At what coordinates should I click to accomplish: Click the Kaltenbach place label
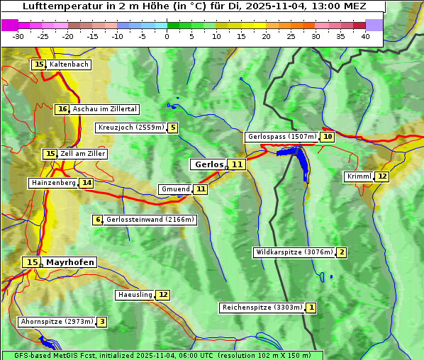pyautogui.click(x=69, y=64)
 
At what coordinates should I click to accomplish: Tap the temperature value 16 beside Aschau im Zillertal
pyautogui.click(x=62, y=109)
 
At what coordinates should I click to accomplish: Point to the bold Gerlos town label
pyautogui.click(x=208, y=164)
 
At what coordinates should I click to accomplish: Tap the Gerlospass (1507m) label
pyautogui.click(x=281, y=137)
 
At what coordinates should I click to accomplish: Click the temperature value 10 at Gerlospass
pyautogui.click(x=327, y=137)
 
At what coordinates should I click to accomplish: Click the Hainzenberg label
pyautogui.click(x=52, y=183)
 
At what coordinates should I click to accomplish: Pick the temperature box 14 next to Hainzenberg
pyautogui.click(x=87, y=183)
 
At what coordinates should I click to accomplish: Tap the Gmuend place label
pyautogui.click(x=175, y=189)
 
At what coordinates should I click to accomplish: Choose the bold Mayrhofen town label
pyautogui.click(x=69, y=262)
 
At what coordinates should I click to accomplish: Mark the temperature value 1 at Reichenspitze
pyautogui.click(x=311, y=308)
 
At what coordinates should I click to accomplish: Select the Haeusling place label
pyautogui.click(x=135, y=295)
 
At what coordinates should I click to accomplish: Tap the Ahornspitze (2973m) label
pyautogui.click(x=56, y=322)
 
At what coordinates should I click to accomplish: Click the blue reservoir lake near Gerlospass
pyautogui.click(x=300, y=159)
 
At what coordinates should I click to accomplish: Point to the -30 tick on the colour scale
pyautogui.click(x=18, y=35)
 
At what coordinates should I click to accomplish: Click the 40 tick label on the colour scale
pyautogui.click(x=365, y=35)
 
